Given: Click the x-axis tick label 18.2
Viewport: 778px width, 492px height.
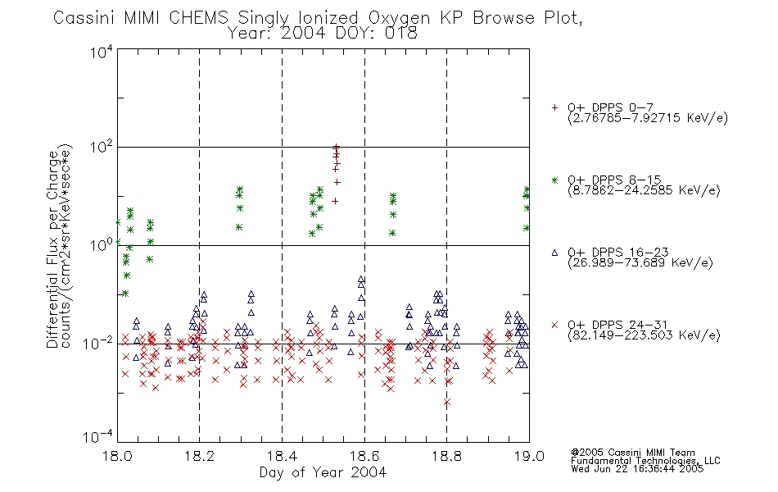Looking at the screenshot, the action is point(200,456).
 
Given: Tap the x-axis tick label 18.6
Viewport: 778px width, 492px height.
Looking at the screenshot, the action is point(364,456).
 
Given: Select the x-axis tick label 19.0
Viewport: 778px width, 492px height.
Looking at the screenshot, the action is point(529,456).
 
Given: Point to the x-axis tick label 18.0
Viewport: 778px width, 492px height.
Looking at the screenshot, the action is point(117,456).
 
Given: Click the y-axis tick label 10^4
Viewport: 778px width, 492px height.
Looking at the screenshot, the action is point(102,52).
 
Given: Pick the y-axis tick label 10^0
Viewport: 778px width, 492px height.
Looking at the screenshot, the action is point(102,245).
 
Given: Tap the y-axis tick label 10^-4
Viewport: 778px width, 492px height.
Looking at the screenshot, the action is point(98,437).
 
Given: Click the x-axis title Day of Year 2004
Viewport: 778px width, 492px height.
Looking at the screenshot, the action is point(323,472).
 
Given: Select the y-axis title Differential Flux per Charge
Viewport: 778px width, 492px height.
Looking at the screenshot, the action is point(52,249).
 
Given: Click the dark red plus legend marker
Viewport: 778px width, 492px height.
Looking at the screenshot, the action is point(554,107).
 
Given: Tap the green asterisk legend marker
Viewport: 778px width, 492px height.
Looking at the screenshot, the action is point(554,180).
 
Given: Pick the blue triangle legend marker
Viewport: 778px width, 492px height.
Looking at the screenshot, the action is point(554,253).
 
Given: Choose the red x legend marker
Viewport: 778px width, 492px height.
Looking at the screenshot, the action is point(554,325).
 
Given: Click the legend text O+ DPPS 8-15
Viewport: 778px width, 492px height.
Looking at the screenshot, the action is point(614,180).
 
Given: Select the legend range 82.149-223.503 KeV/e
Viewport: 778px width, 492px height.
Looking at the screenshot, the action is point(644,335).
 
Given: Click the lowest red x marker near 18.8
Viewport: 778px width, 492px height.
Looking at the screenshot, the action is point(447,402).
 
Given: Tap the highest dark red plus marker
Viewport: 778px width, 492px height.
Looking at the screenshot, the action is point(337,147).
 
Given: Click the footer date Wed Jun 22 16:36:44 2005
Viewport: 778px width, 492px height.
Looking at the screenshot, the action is point(637,469).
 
